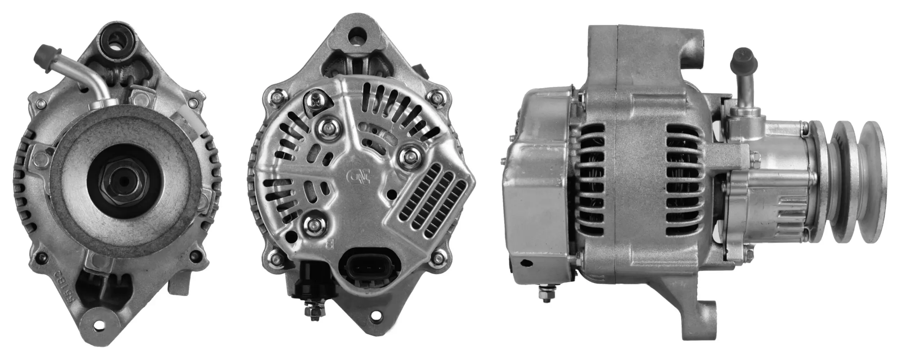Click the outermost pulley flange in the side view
[x=876, y=181]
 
